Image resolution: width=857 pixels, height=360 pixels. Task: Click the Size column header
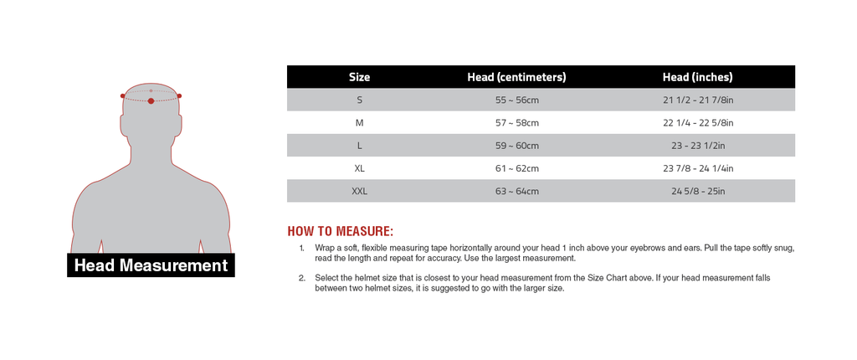pyautogui.click(x=359, y=77)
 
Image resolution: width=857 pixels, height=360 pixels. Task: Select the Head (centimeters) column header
pyautogui.click(x=516, y=77)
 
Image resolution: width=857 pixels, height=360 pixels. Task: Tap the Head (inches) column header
pyautogui.click(x=697, y=77)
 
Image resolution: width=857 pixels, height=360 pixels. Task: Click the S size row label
pyautogui.click(x=359, y=100)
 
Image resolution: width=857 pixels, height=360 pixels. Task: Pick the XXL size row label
pyautogui.click(x=359, y=191)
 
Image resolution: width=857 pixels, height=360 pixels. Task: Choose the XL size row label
pyautogui.click(x=359, y=168)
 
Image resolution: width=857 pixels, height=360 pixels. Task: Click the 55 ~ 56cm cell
pyautogui.click(x=516, y=100)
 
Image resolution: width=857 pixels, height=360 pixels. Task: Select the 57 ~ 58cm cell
pyautogui.click(x=516, y=122)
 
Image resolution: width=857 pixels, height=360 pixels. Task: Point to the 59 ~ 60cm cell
pyautogui.click(x=516, y=146)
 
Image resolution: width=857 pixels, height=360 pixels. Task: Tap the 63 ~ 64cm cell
pyautogui.click(x=516, y=191)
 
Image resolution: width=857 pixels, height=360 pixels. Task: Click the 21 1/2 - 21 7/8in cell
pyautogui.click(x=697, y=100)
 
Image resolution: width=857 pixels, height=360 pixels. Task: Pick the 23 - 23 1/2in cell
pyautogui.click(x=697, y=146)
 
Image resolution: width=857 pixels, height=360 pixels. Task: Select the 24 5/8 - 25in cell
pyautogui.click(x=697, y=191)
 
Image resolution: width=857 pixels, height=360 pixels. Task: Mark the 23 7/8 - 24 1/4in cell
pyautogui.click(x=697, y=168)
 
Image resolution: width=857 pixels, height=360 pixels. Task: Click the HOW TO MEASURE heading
pyautogui.click(x=340, y=231)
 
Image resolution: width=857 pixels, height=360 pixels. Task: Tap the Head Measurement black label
pyautogui.click(x=151, y=265)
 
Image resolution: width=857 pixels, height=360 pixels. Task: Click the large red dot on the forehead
pyautogui.click(x=151, y=101)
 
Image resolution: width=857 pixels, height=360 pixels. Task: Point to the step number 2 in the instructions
pyautogui.click(x=301, y=278)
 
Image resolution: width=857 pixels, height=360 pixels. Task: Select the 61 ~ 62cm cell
pyautogui.click(x=516, y=168)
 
